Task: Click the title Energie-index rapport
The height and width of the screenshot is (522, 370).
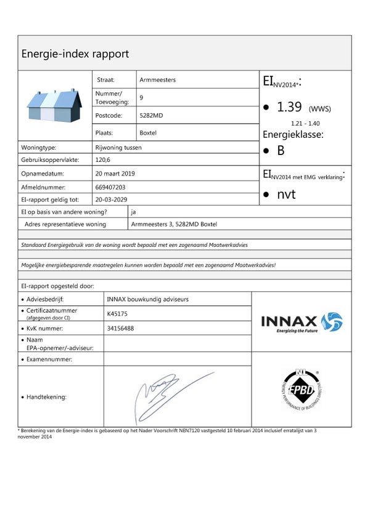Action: (75, 54)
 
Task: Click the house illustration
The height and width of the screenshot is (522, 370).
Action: (55, 105)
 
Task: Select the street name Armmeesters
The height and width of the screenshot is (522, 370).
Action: (158, 80)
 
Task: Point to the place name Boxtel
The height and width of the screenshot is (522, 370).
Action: (149, 132)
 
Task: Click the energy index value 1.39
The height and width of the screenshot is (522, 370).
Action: (289, 107)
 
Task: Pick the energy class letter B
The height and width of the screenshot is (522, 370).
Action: (281, 150)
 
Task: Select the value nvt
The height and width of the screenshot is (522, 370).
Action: (287, 194)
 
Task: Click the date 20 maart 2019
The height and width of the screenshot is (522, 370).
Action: (116, 174)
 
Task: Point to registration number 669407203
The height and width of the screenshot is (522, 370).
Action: (111, 187)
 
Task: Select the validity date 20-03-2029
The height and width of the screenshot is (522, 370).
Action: (112, 199)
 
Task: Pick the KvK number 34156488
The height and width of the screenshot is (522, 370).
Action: (120, 328)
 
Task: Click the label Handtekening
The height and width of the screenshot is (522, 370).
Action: (47, 397)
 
